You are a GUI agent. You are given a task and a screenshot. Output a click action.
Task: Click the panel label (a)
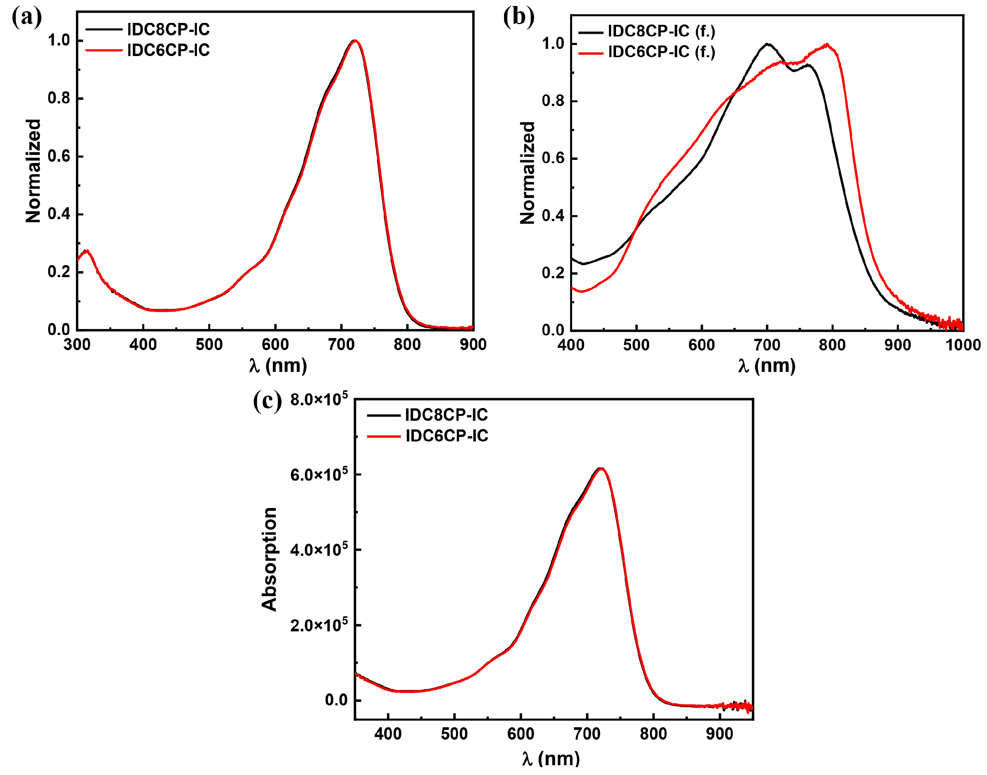pos(26,18)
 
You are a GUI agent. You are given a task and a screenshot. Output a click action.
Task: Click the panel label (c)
pos(267,401)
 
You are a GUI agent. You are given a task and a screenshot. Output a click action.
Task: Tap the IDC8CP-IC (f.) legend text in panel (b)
pos(662,32)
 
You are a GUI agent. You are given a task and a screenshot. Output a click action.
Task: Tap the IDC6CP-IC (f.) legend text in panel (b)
pos(662,52)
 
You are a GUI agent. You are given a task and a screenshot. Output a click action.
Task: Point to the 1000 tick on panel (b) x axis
pos(963,345)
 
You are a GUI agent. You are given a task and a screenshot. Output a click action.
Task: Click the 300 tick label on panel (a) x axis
pos(77,344)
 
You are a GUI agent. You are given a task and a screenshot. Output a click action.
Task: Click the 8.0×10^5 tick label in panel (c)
pos(319,399)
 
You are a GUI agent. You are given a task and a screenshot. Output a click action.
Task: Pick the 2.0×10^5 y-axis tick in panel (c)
pos(319,625)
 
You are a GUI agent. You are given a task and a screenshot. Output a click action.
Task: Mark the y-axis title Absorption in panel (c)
pos(269,559)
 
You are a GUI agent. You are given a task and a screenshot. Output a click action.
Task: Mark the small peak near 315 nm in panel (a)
pos(86,250)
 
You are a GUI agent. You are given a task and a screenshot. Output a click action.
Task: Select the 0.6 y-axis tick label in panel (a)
pos(59,156)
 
